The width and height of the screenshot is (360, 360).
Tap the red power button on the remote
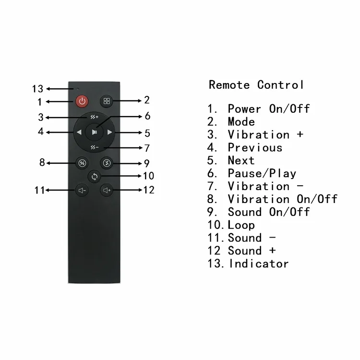[82, 101]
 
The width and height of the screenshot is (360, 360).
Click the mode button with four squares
[107, 101]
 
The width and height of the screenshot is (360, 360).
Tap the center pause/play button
[95, 132]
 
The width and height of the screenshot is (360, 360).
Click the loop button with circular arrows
[95, 177]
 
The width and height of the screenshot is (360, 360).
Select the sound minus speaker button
[82, 191]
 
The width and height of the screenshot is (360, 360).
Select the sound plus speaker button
[107, 191]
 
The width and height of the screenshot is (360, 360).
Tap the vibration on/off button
[82, 163]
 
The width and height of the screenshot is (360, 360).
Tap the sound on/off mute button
[107, 163]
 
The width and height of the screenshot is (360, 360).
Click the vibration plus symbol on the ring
[95, 117]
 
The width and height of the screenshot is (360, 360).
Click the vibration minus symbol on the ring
[95, 147]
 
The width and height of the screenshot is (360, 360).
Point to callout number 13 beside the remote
[37, 89]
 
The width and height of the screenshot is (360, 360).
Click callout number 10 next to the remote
[148, 176]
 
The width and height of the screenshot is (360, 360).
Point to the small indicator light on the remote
[78, 89]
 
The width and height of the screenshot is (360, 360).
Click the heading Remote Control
[256, 84]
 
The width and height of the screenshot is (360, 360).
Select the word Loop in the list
[241, 225]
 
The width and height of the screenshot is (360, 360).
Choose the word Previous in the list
[255, 148]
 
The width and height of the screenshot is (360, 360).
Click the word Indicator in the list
[259, 264]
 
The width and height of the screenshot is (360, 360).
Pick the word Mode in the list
[241, 122]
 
